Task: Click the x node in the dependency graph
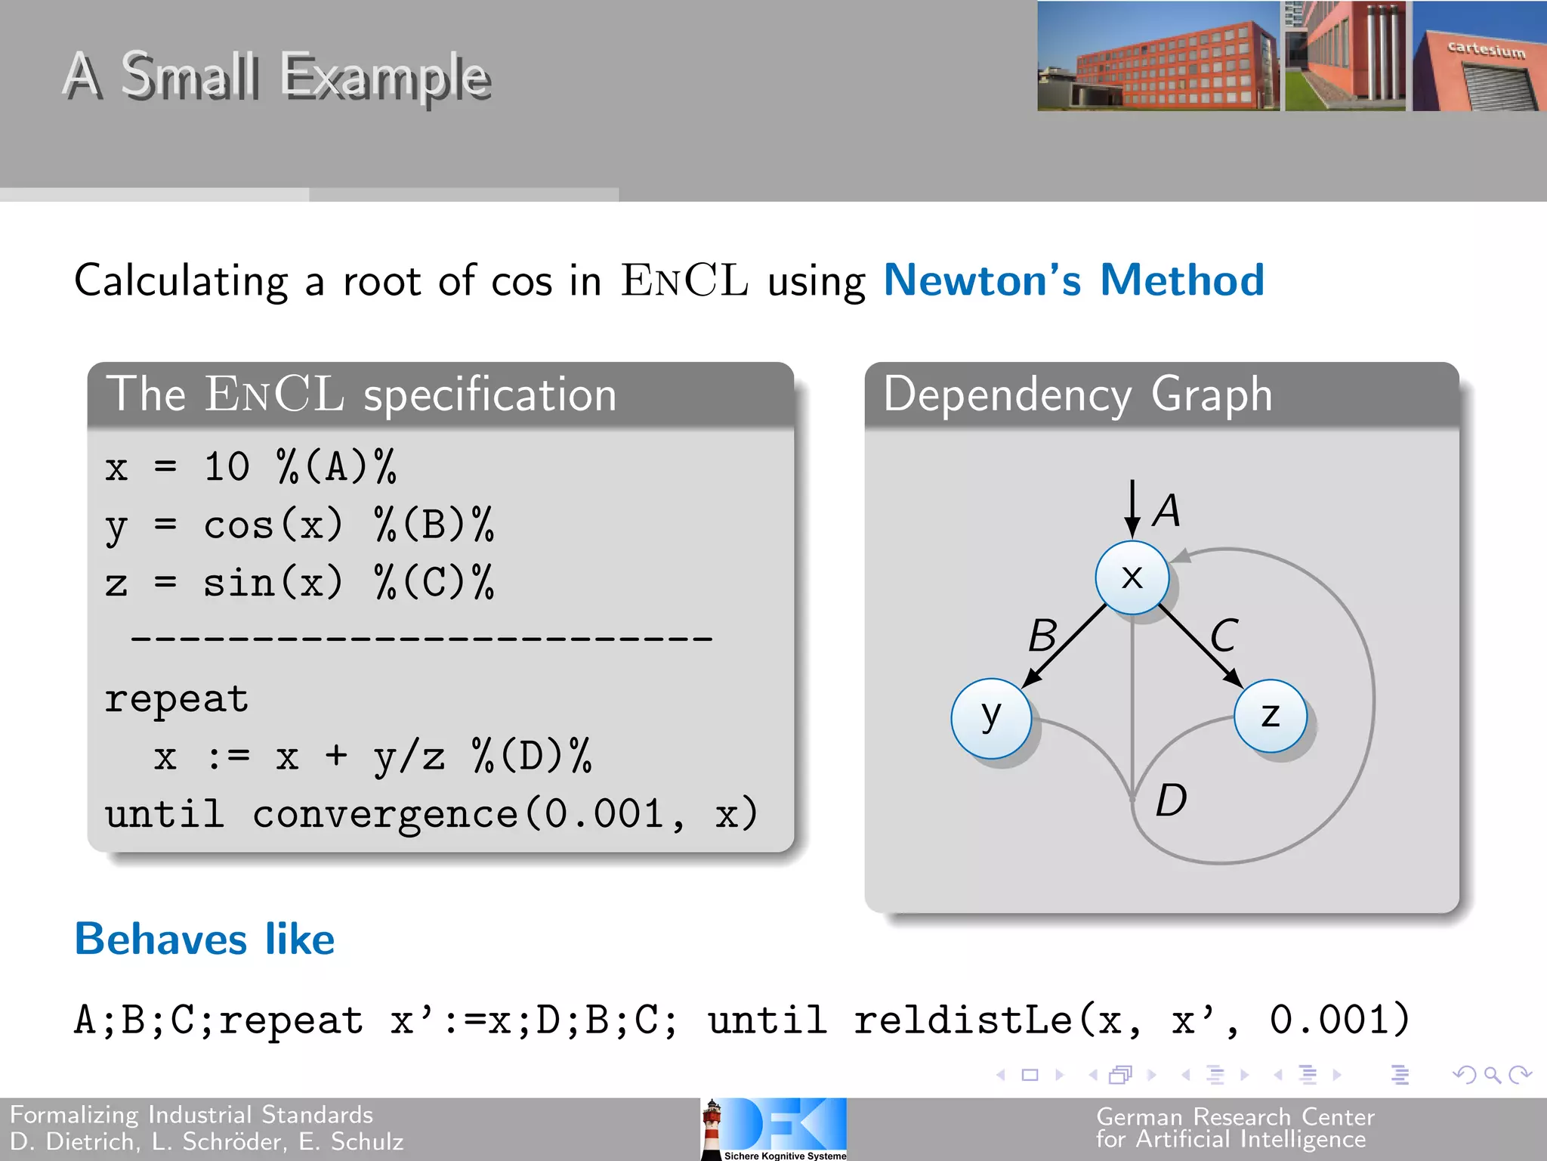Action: tap(1132, 577)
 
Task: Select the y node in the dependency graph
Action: tap(991, 717)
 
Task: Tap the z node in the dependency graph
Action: tap(1271, 716)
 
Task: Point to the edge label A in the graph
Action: tap(1167, 510)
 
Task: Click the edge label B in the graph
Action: tap(1043, 635)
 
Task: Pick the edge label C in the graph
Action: tap(1224, 635)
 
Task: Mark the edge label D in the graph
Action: tap(1172, 800)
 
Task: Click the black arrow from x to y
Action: tap(1065, 646)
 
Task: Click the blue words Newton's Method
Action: tap(1073, 280)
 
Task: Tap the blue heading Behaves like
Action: tap(205, 940)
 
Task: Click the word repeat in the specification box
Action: tap(177, 699)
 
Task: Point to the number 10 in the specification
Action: tap(227, 466)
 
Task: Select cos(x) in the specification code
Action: tap(273, 525)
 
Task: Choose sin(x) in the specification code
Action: tap(273, 583)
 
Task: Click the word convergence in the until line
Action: tap(385, 815)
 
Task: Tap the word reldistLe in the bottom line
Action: tap(963, 1020)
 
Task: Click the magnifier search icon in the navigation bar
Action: tap(1492, 1074)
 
